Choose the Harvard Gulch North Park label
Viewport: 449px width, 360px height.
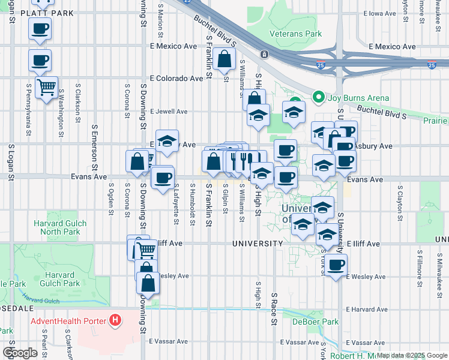point(60,228)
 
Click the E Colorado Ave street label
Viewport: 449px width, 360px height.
point(176,79)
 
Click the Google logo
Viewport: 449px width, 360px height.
point(20,353)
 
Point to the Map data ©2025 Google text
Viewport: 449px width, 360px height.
point(412,355)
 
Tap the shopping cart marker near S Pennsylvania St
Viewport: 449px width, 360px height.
point(46,88)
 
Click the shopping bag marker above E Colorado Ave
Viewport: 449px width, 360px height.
point(224,59)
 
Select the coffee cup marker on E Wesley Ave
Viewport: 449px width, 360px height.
point(336,264)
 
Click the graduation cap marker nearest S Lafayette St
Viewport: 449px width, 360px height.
point(167,142)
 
